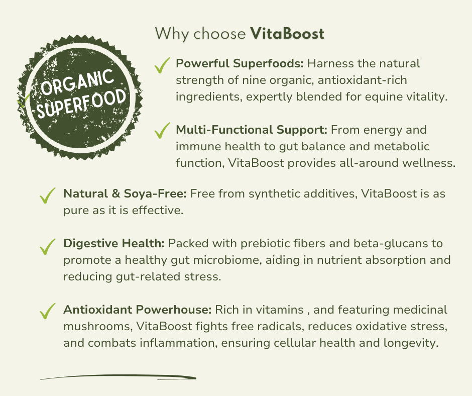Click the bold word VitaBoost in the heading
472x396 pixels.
tap(287, 34)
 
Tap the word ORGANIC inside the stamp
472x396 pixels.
tap(77, 81)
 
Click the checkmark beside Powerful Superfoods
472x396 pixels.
tap(162, 65)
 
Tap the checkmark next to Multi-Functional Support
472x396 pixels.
tap(162, 131)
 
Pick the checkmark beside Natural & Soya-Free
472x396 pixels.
tap(48, 195)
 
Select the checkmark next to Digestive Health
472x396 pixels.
tap(48, 246)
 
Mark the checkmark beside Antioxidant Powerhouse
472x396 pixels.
tap(48, 311)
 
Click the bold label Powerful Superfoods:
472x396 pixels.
tap(240, 64)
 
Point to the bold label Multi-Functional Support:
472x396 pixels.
tap(252, 130)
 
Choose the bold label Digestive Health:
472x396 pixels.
tap(114, 244)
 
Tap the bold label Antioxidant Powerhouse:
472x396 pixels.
tap(138, 310)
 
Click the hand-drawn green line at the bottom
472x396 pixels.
tap(119, 377)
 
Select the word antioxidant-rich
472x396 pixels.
tap(362, 80)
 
